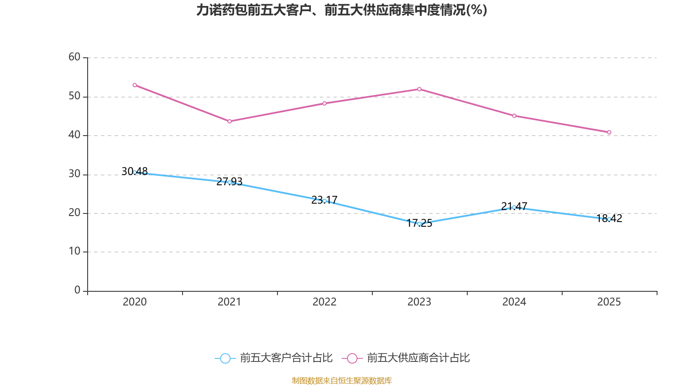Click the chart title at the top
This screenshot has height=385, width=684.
tap(342, 10)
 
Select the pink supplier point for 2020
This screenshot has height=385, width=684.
tap(135, 85)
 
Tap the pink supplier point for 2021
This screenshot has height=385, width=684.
tap(230, 121)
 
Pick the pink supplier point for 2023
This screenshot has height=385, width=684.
tap(419, 89)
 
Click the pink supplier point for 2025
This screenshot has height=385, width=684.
tap(609, 132)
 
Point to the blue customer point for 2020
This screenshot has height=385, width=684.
tap(135, 172)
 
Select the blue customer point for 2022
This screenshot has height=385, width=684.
tap(324, 201)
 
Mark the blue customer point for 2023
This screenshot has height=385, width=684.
tap(419, 224)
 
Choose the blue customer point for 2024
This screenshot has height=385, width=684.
tap(514, 207)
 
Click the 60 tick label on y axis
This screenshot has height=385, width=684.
tap(74, 57)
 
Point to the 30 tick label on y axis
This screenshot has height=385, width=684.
tap(74, 174)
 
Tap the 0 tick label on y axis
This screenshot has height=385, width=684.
tap(77, 290)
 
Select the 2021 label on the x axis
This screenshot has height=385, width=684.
tap(230, 302)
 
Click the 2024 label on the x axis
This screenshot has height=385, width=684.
tap(514, 302)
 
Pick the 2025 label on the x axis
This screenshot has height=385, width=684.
tap(609, 302)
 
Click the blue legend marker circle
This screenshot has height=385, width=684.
tap(225, 358)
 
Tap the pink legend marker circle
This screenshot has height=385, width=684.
tap(352, 358)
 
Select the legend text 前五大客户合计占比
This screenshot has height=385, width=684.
tap(286, 358)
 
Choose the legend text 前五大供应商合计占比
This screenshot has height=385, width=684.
tap(418, 358)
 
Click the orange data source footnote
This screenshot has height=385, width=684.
tap(342, 380)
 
